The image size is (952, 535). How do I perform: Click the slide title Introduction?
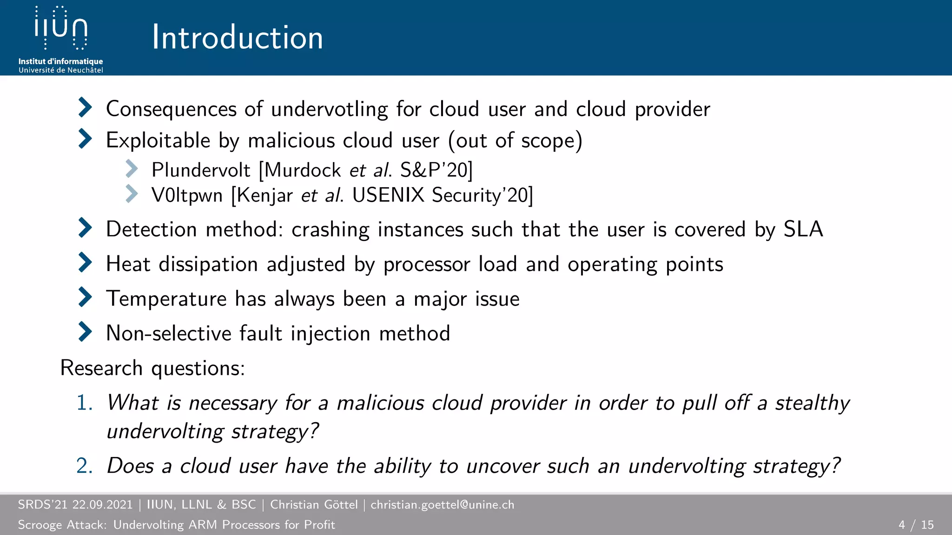(x=237, y=37)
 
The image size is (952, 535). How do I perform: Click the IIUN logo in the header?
(x=61, y=29)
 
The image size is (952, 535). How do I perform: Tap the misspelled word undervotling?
(x=329, y=110)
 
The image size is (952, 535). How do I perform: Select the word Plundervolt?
(x=201, y=170)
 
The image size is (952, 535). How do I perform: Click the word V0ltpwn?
(x=187, y=196)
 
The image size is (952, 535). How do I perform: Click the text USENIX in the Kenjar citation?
(x=388, y=195)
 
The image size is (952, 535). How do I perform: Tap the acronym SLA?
(x=803, y=229)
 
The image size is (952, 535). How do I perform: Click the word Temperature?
(x=166, y=299)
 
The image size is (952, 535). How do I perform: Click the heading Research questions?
(x=152, y=368)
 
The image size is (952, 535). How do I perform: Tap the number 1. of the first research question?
(x=85, y=403)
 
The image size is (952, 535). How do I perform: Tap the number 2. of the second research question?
(x=85, y=466)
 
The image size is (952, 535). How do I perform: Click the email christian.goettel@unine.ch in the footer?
(x=442, y=505)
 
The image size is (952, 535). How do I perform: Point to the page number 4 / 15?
(x=916, y=525)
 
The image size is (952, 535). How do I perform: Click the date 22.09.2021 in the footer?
(x=102, y=505)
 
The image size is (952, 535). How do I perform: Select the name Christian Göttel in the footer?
(x=314, y=505)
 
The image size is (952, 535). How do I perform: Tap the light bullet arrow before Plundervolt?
(x=132, y=169)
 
